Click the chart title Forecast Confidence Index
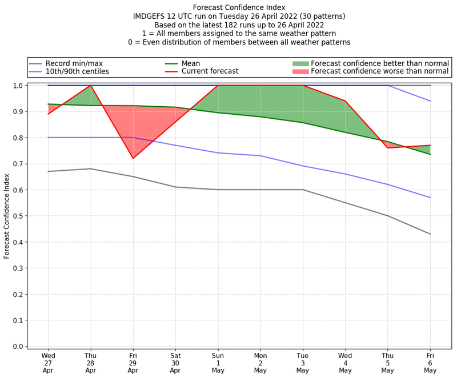239,7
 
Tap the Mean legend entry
191,63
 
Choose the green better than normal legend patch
300,63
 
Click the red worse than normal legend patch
300,71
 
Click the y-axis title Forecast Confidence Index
7,216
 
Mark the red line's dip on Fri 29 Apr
133,158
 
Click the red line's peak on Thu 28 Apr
91,86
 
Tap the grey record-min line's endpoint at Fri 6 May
430,234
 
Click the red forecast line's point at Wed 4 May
345,101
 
